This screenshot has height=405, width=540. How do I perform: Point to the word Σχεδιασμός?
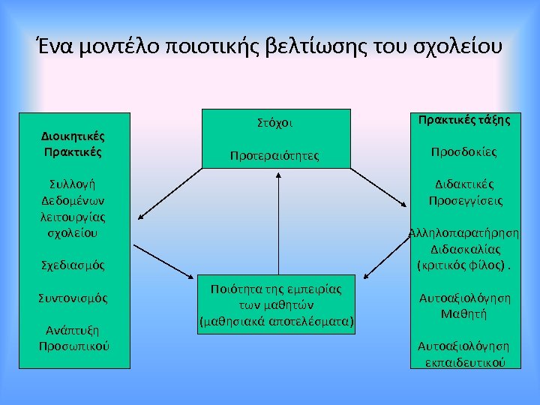pyautogui.click(x=72, y=265)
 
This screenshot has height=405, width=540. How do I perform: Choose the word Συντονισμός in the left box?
pyautogui.click(x=72, y=298)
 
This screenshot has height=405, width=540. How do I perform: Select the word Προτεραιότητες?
pyautogui.click(x=274, y=156)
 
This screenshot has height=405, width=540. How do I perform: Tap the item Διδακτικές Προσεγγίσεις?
pyautogui.click(x=465, y=193)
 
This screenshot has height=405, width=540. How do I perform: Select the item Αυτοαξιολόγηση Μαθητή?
pyautogui.click(x=464, y=305)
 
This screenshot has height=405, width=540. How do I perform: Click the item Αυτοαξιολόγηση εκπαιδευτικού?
pyautogui.click(x=463, y=353)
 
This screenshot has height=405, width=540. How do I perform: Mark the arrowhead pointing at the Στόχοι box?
pyautogui.click(x=278, y=175)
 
